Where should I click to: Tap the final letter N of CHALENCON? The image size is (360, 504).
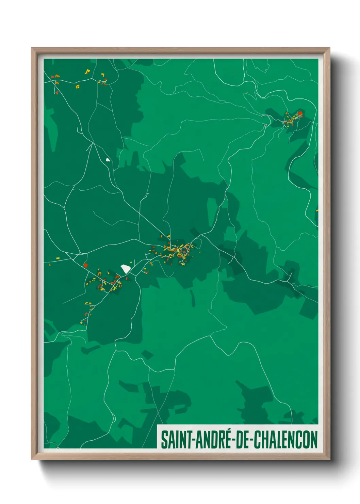pyautogui.click(x=314, y=440)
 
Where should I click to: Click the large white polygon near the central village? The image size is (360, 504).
pyautogui.click(x=126, y=269)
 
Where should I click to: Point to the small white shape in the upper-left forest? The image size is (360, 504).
pyautogui.click(x=108, y=159)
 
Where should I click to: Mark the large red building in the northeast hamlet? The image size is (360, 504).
pyautogui.click(x=300, y=113)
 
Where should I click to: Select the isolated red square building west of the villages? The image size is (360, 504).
pyautogui.click(x=85, y=265)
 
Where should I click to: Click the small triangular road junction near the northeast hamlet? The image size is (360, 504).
pyautogui.click(x=265, y=125)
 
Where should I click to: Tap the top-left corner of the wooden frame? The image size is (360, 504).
pyautogui.click(x=32, y=48)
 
